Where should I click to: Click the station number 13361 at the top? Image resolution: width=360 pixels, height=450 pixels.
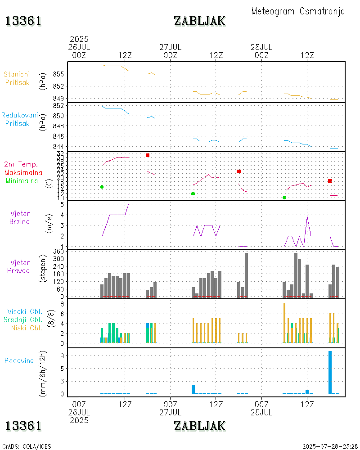click(x=23, y=21)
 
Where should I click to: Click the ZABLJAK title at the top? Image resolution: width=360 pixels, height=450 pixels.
click(x=199, y=21)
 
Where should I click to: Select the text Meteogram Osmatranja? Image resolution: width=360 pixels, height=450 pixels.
click(x=298, y=11)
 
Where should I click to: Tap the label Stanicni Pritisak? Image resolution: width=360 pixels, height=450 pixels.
click(x=17, y=78)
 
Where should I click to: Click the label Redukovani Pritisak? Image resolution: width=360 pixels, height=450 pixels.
click(x=19, y=119)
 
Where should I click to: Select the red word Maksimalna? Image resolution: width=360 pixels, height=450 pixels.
click(x=23, y=172)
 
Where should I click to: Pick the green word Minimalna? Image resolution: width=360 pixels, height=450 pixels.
click(x=22, y=181)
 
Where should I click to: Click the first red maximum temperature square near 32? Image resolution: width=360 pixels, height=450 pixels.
click(x=147, y=155)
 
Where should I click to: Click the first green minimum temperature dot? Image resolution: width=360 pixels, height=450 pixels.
click(x=102, y=187)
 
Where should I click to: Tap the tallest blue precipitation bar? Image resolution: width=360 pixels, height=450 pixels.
click(x=330, y=372)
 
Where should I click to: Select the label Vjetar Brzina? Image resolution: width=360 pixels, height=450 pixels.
click(x=20, y=217)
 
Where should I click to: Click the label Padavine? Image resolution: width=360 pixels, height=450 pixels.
click(x=19, y=360)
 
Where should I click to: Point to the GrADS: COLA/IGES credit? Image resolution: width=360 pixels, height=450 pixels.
click(x=27, y=446)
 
